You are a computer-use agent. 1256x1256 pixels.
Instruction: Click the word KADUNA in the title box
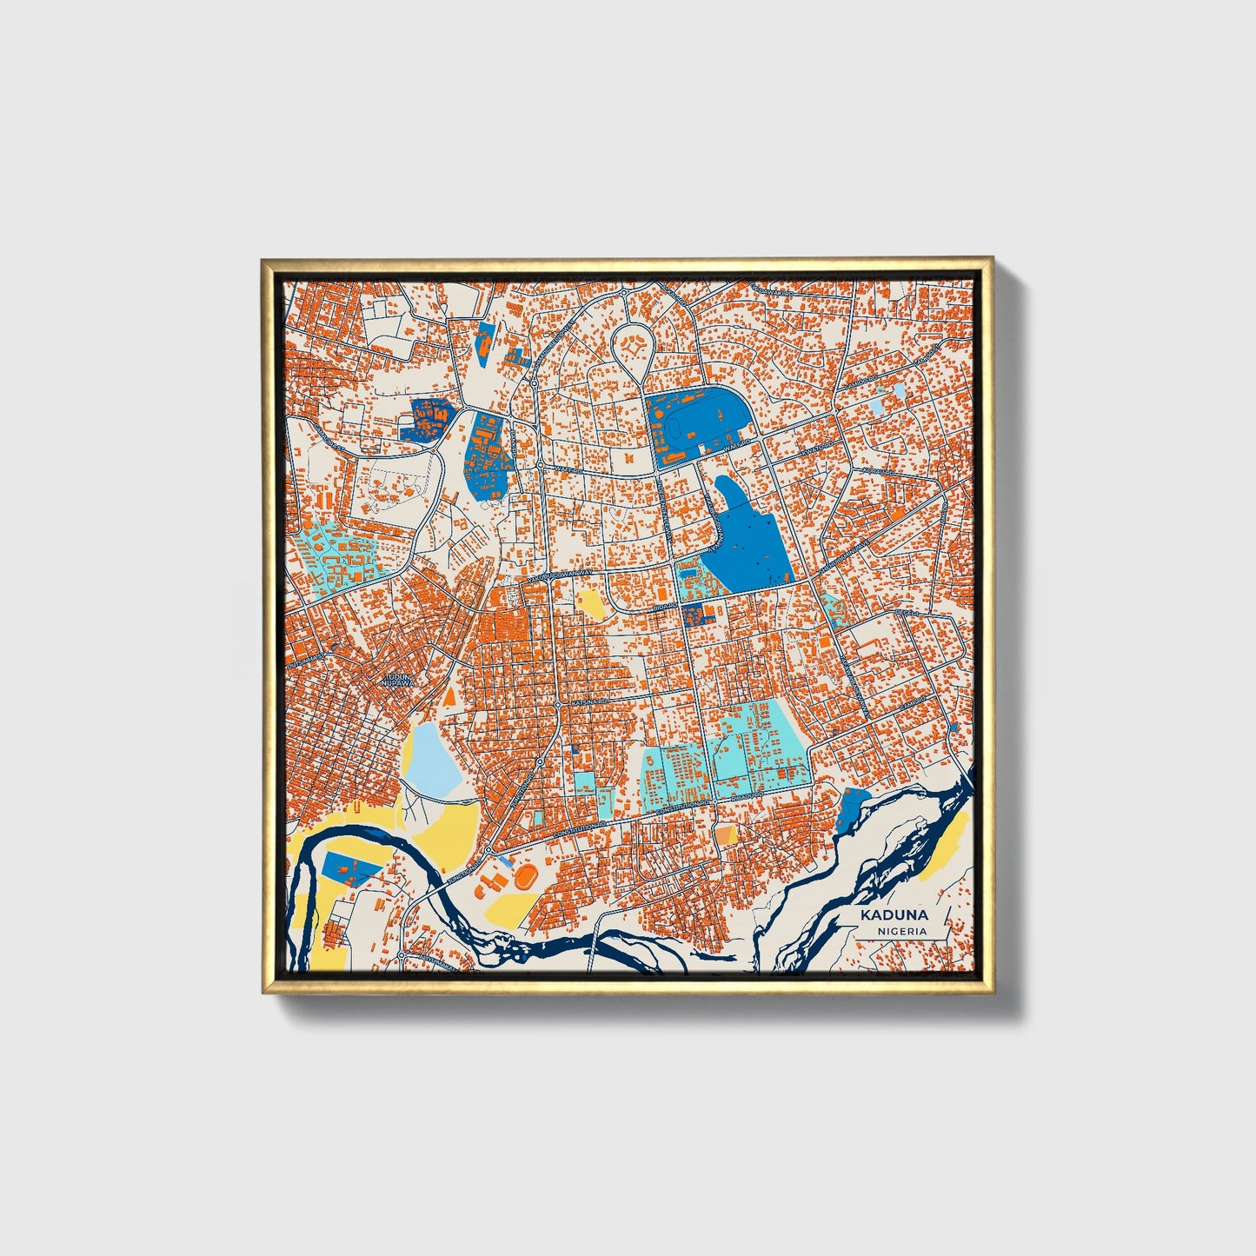tap(894, 915)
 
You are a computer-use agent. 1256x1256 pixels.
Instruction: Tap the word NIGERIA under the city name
tap(901, 931)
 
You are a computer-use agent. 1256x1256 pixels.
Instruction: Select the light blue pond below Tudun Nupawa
tap(432, 760)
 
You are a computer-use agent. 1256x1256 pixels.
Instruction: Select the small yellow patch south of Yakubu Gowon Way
tap(590, 603)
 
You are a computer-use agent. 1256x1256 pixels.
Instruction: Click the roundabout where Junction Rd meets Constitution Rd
tap(488, 848)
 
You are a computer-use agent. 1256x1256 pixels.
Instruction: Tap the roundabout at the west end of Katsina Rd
tap(557, 703)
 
